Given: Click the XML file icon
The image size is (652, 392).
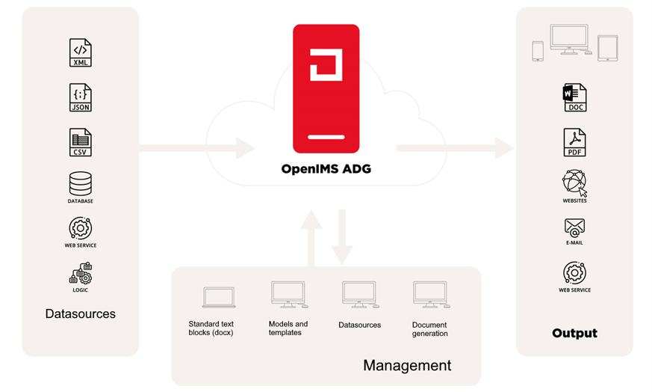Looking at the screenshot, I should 81,52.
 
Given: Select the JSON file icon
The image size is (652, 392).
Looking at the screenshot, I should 81,97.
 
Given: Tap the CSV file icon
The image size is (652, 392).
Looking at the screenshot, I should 81,142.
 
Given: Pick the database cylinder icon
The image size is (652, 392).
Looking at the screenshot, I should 81,184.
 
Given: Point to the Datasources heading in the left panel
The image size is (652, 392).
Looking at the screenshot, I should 81,313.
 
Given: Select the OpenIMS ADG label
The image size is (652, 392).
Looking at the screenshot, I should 326,169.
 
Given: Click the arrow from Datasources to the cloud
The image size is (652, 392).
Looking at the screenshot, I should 198,147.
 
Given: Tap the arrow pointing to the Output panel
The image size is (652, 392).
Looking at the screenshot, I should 456,147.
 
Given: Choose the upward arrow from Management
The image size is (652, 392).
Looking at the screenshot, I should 311,237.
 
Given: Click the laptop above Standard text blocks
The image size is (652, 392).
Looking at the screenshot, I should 219,296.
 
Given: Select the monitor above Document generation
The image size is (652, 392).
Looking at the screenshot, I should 431,294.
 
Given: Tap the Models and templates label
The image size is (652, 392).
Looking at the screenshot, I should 288,328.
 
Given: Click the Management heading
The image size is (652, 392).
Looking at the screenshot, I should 407,365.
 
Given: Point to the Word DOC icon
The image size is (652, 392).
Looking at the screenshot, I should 574,97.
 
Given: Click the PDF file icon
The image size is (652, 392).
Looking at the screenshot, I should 574,142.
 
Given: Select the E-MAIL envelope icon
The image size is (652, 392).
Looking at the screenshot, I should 574,227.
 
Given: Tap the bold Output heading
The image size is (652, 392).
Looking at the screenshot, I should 574,333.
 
